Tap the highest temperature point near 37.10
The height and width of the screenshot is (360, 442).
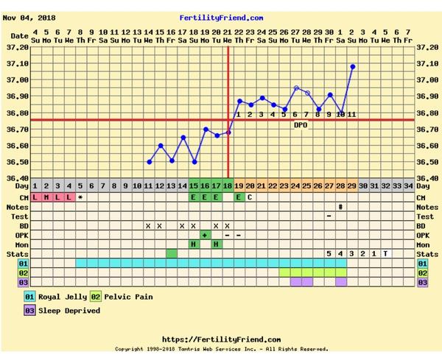coord(352,66)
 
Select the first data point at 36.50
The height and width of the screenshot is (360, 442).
coord(149,162)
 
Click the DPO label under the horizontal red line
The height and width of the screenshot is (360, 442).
coord(301,124)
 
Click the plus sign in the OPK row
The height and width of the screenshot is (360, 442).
coord(205,235)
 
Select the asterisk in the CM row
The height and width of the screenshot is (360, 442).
coord(80,197)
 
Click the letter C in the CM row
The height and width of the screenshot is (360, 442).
coord(250,197)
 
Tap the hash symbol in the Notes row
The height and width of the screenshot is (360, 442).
coord(340,207)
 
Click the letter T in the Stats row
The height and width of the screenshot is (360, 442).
coord(385,254)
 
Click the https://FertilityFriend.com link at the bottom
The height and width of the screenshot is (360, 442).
coord(220,339)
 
